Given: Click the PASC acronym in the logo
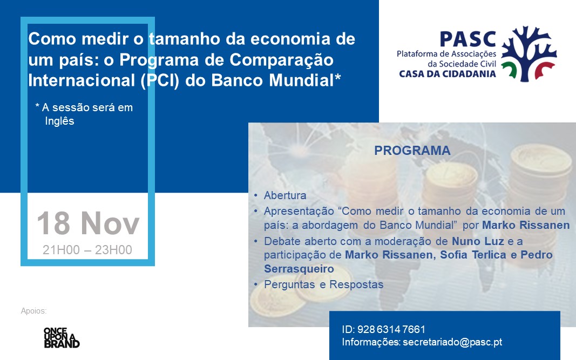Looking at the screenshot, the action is click(467, 39).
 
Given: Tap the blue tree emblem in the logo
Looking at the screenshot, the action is click(529, 53).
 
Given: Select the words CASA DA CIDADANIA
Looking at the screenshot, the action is click(448, 74).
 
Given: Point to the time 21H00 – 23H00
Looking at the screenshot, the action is click(87, 250).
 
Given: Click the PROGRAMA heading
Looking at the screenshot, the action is click(412, 151).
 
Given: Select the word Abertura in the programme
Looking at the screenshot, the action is click(285, 195).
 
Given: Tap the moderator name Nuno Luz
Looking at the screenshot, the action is click(478, 241).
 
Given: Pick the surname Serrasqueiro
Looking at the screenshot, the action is click(299, 269).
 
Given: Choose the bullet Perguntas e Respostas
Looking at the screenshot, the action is click(324, 284).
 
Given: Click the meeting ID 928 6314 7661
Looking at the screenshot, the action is click(391, 329).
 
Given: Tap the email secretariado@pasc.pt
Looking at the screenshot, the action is click(452, 342).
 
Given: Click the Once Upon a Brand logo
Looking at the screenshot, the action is click(62, 337).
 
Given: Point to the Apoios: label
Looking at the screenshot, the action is click(34, 311).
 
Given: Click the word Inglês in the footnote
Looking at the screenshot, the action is click(59, 121).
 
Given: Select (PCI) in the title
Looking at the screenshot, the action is click(160, 80).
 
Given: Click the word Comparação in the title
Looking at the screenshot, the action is click(281, 60).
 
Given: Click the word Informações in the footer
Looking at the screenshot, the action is click(371, 342).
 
